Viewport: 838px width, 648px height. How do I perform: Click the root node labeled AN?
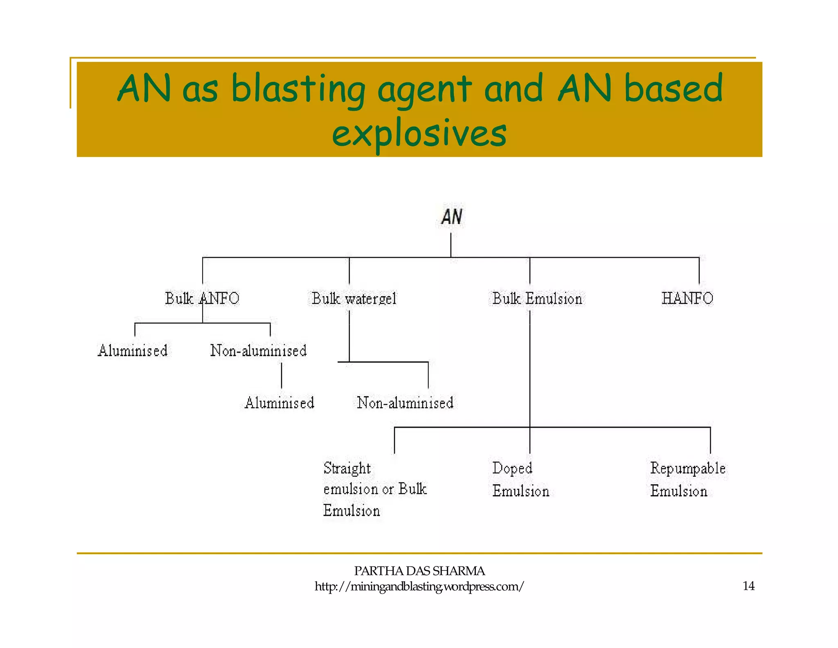click(x=452, y=217)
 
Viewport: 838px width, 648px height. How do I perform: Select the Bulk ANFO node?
click(x=202, y=298)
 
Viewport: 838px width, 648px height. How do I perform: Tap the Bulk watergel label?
click(x=354, y=299)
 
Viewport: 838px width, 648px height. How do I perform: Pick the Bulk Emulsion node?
click(x=537, y=299)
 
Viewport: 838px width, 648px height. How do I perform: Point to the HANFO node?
click(x=687, y=298)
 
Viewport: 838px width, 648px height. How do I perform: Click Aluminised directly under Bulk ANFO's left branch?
click(x=133, y=351)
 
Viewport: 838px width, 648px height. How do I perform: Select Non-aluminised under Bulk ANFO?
click(x=258, y=351)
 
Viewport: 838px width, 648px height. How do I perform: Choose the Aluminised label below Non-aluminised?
click(x=279, y=403)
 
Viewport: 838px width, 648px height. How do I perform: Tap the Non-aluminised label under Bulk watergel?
click(x=405, y=403)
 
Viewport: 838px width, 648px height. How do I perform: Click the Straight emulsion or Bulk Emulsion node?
click(x=374, y=489)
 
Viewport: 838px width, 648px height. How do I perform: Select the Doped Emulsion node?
click(x=520, y=479)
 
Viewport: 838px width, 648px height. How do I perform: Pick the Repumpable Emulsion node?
click(x=687, y=479)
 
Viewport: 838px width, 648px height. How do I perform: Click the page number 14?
click(x=748, y=586)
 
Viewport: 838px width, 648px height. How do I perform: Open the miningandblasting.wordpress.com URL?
click(x=419, y=587)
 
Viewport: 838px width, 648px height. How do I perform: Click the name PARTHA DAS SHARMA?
click(x=419, y=571)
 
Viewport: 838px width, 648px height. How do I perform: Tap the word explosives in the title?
click(x=419, y=134)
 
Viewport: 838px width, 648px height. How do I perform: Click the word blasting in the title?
click(x=298, y=89)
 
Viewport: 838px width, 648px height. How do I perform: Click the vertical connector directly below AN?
click(x=451, y=245)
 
